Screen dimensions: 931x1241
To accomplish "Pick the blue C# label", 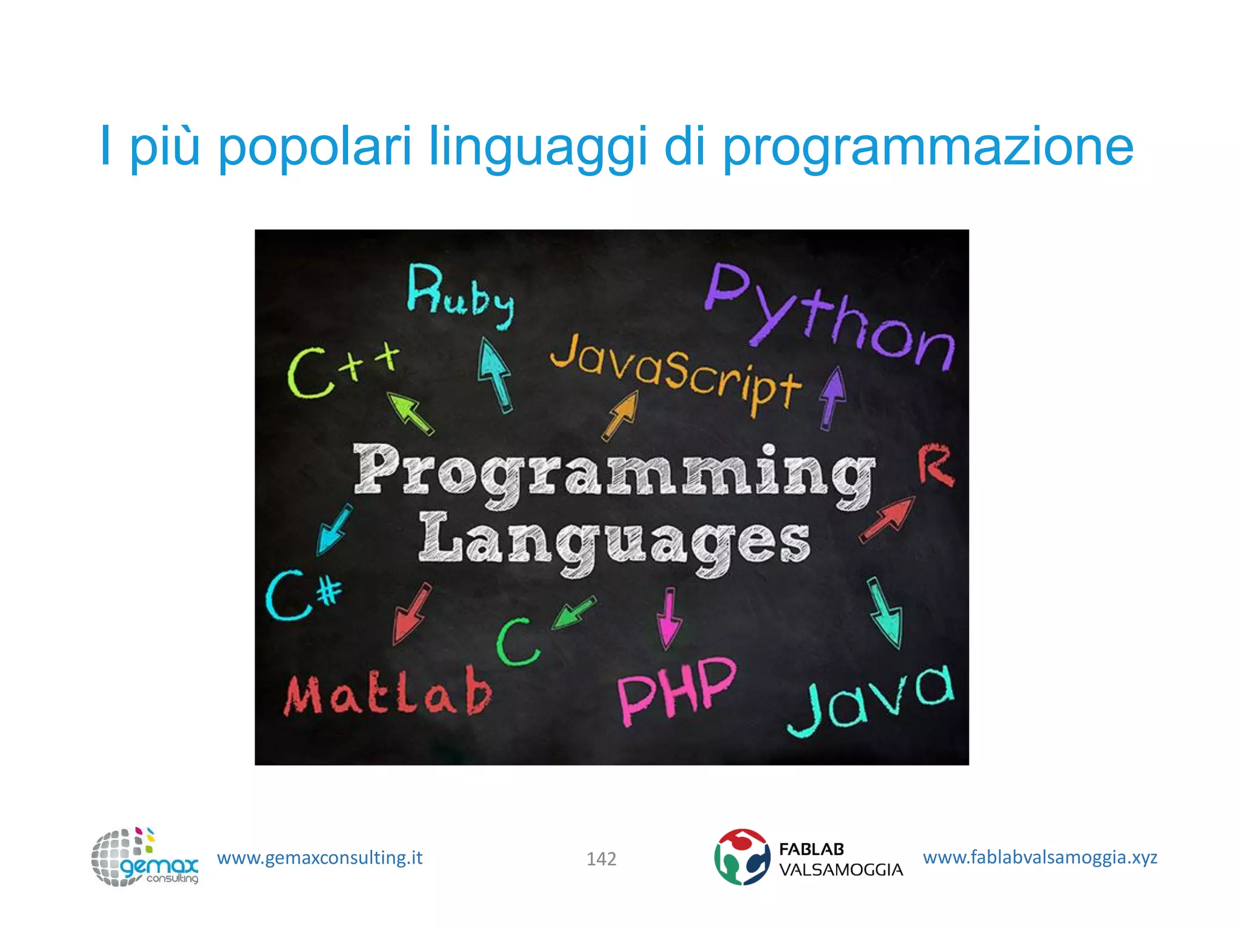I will coord(303,595).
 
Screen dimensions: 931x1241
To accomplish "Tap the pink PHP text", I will coord(676,691).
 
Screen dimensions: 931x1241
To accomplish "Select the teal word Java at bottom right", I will coord(870,700).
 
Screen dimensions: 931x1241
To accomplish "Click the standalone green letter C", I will coord(516,642).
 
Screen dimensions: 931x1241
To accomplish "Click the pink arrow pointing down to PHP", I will coord(668,618).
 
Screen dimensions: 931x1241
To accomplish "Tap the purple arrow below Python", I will coord(833,397).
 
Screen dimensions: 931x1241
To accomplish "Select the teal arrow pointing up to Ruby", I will coord(495,374).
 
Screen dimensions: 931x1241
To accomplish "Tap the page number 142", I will coord(601,859).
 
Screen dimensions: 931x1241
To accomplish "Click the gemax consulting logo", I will coord(144,857).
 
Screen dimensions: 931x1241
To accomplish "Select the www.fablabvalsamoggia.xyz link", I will coord(1039,857).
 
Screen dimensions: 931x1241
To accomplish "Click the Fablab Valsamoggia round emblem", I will coord(741,856).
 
